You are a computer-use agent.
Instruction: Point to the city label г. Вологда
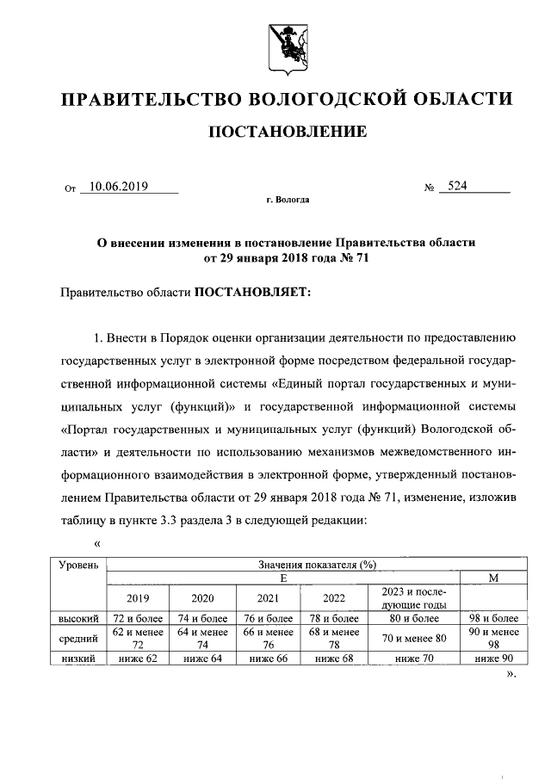287,200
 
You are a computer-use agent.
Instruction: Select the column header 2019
138,598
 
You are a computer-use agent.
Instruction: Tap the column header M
492,578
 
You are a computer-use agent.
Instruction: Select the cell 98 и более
492,618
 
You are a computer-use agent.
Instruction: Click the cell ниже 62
138,658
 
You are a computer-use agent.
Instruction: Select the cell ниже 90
492,658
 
